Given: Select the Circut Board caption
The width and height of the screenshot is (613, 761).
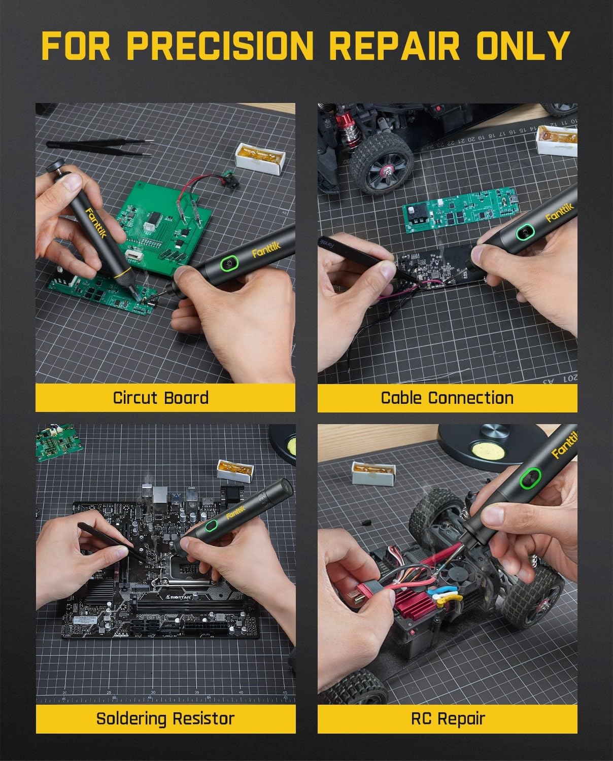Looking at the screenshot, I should click(160, 397).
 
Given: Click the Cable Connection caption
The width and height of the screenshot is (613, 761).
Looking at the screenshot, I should click(447, 397).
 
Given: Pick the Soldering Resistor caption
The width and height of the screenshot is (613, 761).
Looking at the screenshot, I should click(165, 718).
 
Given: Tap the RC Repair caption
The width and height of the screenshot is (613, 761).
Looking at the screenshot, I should click(447, 718).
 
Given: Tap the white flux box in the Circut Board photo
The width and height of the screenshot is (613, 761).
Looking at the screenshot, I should click(259, 158).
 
